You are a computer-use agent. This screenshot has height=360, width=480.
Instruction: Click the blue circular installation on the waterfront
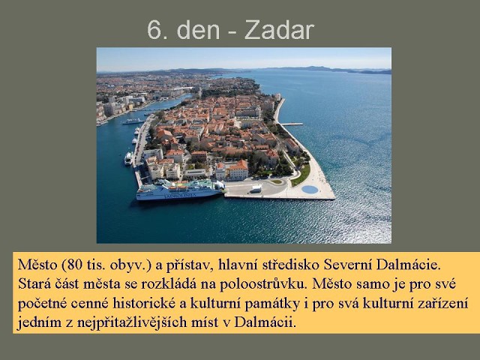tap(309, 189)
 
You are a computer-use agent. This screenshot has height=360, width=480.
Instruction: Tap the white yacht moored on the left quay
tap(128, 158)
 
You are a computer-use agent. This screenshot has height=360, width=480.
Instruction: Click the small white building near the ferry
tap(256, 188)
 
